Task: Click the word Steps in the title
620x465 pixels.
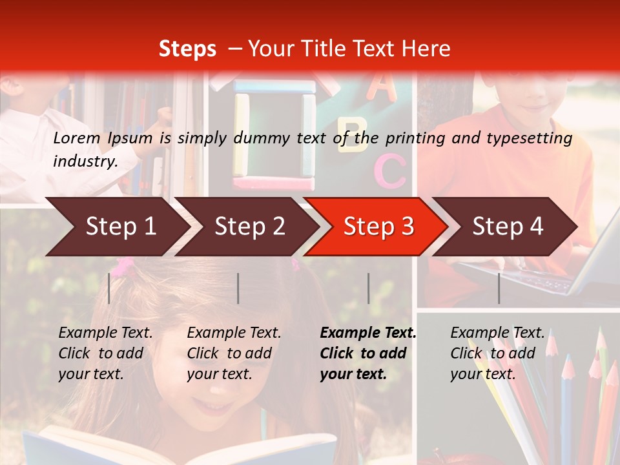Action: [x=187, y=49]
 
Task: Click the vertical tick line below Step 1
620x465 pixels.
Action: [x=109, y=288]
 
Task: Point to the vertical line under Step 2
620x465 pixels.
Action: [x=238, y=288]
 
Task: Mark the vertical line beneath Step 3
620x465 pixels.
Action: [x=368, y=288]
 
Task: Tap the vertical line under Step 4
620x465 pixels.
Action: [x=499, y=288]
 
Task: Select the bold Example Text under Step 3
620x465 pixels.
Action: [x=367, y=353]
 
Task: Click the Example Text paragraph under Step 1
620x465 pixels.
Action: [x=105, y=353]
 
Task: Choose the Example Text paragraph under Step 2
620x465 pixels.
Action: [x=234, y=353]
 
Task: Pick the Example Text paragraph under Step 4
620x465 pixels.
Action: [x=497, y=353]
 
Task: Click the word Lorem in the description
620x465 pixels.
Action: [x=77, y=138]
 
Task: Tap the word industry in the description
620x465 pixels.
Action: [x=85, y=161]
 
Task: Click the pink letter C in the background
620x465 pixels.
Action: [x=390, y=170]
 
